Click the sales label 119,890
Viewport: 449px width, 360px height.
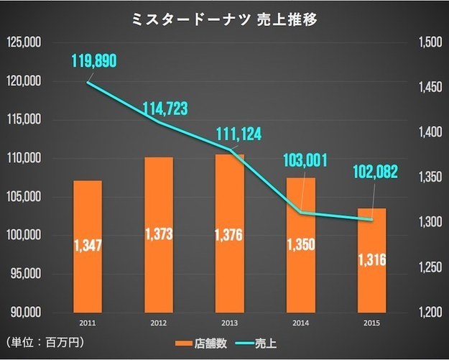pos(93,62)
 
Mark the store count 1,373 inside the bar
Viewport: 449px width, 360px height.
pos(159,234)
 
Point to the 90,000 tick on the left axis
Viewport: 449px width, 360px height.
pos(24,313)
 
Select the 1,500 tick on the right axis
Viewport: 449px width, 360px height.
pos(427,43)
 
